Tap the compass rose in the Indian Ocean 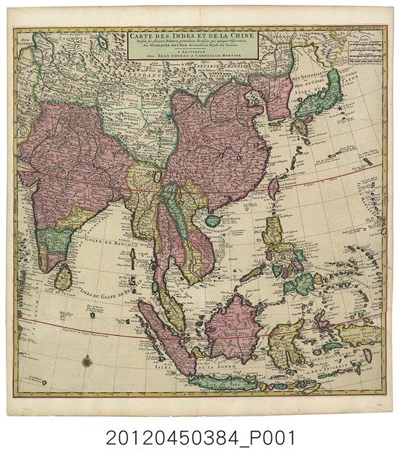point(86,361)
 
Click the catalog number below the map point(199,438)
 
